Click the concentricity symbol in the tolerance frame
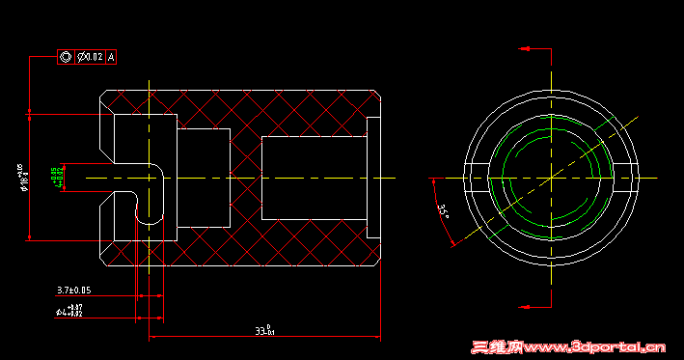[67, 57]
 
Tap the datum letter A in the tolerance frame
[111, 57]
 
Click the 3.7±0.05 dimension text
[73, 290]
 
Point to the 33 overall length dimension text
[264, 331]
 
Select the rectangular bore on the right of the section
[314, 179]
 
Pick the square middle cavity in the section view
[204, 178]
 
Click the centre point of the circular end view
[551, 179]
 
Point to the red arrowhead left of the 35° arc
[436, 179]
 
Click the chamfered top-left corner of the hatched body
[106, 95]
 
